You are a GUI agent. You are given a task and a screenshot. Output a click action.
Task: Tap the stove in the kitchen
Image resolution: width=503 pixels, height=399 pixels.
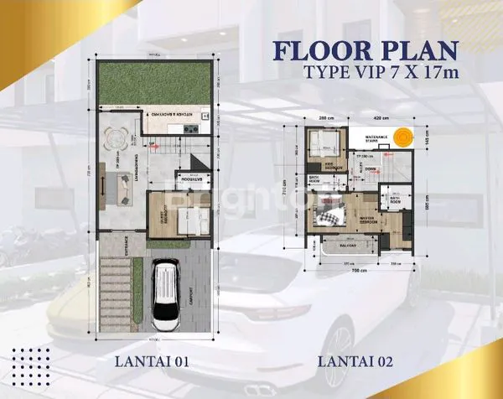(x=189, y=128)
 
